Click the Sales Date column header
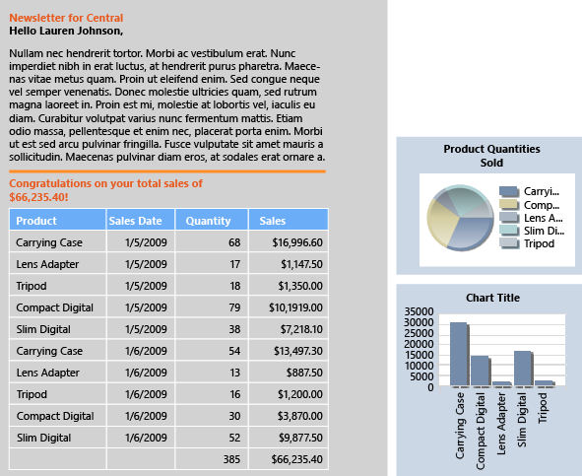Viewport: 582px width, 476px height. [x=136, y=221]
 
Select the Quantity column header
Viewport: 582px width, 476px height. [x=208, y=221]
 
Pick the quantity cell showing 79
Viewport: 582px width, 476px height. [x=233, y=307]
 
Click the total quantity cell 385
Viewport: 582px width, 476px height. [x=231, y=459]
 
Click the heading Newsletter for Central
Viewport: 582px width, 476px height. [x=66, y=18]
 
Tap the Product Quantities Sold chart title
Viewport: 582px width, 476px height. [x=491, y=156]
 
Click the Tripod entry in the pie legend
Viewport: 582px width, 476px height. [x=538, y=243]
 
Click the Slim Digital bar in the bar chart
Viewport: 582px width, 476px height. [x=523, y=368]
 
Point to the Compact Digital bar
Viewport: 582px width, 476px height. [x=480, y=371]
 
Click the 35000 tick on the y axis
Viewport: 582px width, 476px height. [x=420, y=311]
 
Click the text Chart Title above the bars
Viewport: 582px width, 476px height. [x=492, y=298]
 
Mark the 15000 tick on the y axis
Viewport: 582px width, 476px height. [x=420, y=355]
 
